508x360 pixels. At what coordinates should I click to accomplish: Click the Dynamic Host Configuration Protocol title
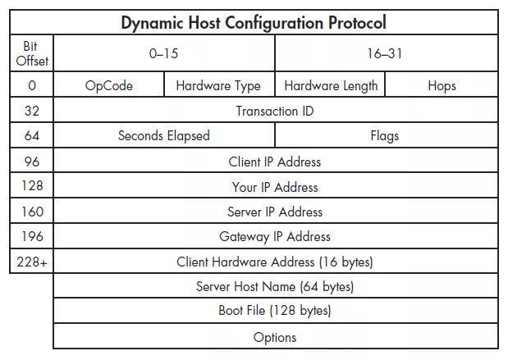254,22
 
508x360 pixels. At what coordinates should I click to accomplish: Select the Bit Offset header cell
32,54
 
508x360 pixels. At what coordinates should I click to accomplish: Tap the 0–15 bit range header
163,54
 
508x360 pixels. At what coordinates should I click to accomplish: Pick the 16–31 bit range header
386,54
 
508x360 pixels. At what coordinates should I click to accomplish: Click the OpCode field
108,85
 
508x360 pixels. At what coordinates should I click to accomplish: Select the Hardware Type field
218,85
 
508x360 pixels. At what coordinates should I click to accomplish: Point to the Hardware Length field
331,85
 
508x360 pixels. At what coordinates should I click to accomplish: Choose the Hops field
442,85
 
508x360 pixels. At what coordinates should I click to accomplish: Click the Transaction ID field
275,111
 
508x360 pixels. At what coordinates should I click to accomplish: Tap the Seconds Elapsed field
163,136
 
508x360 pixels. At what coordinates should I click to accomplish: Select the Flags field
385,136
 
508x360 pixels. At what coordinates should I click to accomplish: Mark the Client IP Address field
275,162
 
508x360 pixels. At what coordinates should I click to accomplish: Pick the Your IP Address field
275,187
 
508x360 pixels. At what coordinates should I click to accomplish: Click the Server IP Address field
275,212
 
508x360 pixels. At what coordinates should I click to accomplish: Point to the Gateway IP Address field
275,236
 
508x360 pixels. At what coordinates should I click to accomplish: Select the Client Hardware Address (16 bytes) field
275,262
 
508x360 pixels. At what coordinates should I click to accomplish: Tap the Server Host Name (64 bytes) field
275,287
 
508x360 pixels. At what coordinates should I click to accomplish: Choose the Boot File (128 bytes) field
275,312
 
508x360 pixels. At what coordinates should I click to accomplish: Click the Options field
275,337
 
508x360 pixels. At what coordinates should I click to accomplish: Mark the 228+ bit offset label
32,262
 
